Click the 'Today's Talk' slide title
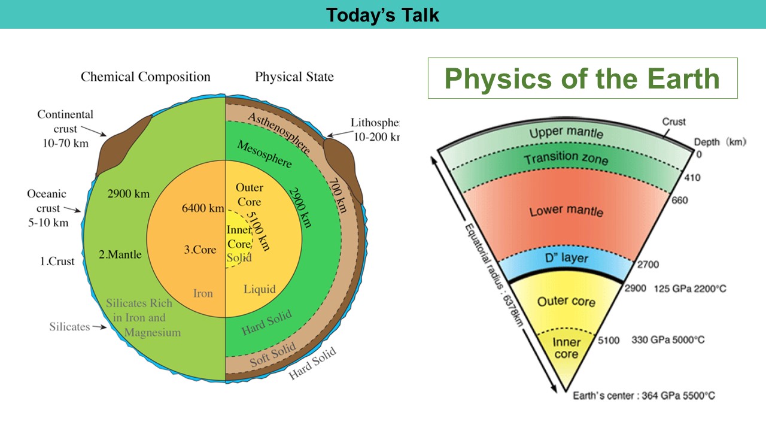pyautogui.click(x=382, y=14)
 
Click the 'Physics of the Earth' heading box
pyautogui.click(x=582, y=78)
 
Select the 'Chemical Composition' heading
pyautogui.click(x=145, y=77)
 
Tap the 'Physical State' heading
pyautogui.click(x=294, y=77)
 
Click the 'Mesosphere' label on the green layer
pyautogui.click(x=265, y=154)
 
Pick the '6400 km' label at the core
pyautogui.click(x=203, y=209)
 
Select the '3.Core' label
pyautogui.click(x=200, y=250)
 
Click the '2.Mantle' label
pyautogui.click(x=120, y=254)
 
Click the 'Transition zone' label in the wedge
pyautogui.click(x=566, y=159)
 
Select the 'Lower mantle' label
pyautogui.click(x=566, y=211)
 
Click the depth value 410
pyautogui.click(x=692, y=178)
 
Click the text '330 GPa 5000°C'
pyautogui.click(x=668, y=340)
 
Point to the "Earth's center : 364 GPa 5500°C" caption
pyautogui.click(x=643, y=396)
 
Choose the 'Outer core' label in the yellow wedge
pyautogui.click(x=566, y=301)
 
